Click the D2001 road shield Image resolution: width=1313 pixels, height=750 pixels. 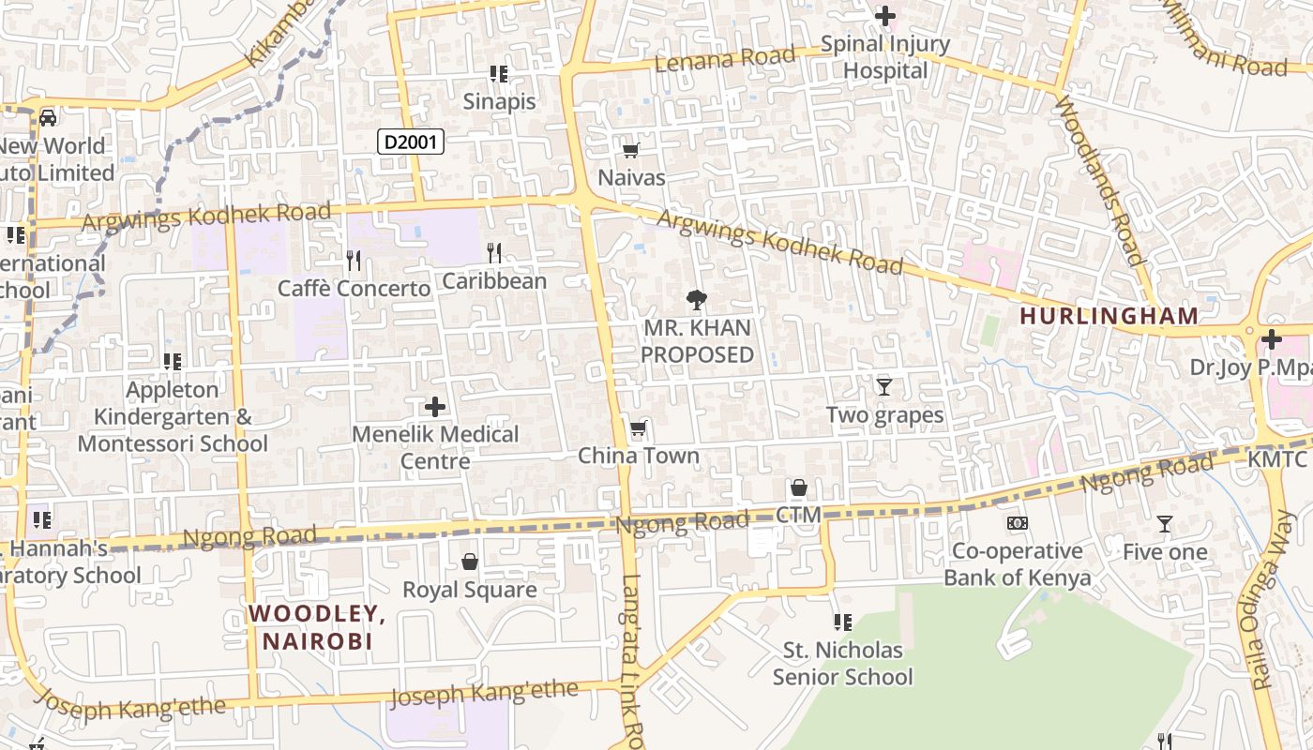[x=410, y=142]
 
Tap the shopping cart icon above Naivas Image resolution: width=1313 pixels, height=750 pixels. [x=631, y=150]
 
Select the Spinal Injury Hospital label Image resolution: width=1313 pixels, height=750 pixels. [x=885, y=57]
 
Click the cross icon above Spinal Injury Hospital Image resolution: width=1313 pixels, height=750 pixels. [x=884, y=16]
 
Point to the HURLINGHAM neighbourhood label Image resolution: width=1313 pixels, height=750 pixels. [x=1109, y=316]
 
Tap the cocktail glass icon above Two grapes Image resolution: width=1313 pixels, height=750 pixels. [x=883, y=386]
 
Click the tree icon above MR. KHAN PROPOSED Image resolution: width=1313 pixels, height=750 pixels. [x=697, y=300]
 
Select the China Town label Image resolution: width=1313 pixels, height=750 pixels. [x=639, y=456]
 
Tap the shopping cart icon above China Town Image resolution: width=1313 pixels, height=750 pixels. [x=639, y=428]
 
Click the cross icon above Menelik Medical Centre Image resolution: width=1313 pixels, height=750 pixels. [x=435, y=407]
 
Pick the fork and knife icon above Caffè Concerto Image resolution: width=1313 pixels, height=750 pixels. [x=354, y=260]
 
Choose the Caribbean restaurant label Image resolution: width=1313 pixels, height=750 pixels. [x=494, y=280]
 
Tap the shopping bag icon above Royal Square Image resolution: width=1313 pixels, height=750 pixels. [x=470, y=562]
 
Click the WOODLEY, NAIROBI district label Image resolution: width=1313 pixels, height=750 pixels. [x=317, y=627]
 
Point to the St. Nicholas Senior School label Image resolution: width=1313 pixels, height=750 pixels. [x=842, y=663]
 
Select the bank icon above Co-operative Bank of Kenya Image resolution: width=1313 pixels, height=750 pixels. [x=1018, y=523]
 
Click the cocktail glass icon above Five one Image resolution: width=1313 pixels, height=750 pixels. [x=1165, y=524]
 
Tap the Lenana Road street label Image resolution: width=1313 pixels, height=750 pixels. [x=725, y=59]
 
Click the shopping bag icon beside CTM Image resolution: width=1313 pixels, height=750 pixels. [x=799, y=487]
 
